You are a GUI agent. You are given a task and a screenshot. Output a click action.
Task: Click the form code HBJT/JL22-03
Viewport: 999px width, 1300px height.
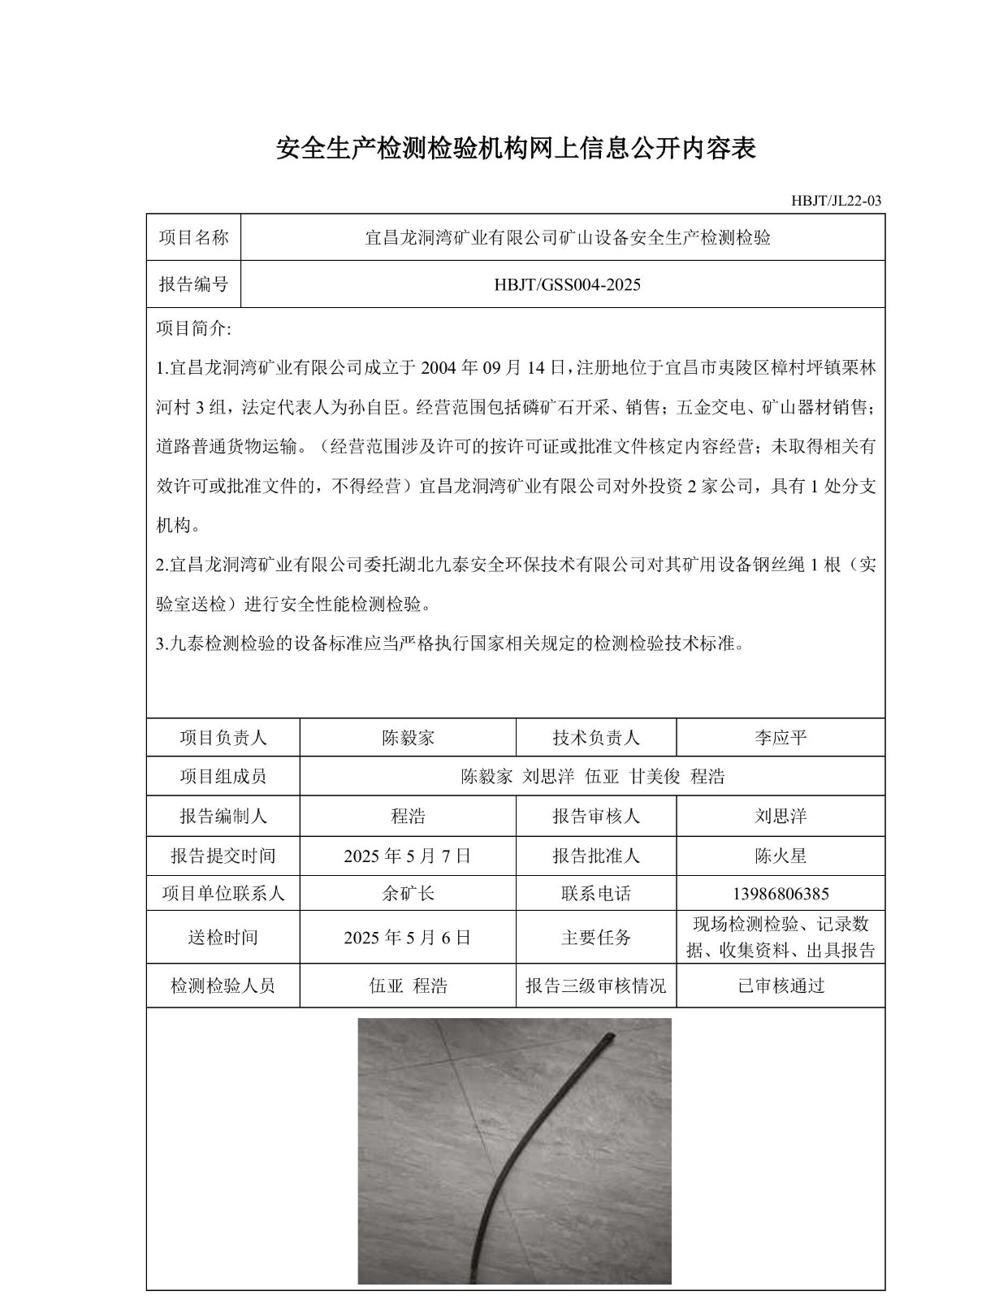click(x=836, y=201)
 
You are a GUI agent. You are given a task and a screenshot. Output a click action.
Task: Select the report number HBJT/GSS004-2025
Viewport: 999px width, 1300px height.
click(x=567, y=284)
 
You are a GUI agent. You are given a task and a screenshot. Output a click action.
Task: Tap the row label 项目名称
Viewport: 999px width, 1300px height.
click(x=193, y=237)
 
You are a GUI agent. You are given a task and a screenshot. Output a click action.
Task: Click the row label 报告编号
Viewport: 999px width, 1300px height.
click(x=193, y=284)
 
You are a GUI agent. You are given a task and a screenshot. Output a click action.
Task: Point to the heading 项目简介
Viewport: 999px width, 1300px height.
click(x=193, y=329)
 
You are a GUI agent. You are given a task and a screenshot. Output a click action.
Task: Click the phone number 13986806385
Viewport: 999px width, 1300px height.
click(x=781, y=894)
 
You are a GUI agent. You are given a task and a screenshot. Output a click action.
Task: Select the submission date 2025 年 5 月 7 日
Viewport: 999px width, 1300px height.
click(x=408, y=856)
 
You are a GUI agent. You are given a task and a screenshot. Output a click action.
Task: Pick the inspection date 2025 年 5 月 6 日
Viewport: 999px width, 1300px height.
click(x=408, y=937)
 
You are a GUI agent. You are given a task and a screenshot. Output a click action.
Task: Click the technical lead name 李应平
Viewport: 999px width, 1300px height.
click(x=781, y=738)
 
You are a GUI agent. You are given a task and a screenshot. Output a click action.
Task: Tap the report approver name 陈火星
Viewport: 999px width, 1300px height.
click(x=781, y=856)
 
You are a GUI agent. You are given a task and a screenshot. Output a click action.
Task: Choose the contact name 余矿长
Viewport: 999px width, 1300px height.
click(x=408, y=894)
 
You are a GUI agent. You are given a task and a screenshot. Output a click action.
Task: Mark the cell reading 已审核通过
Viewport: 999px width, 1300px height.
click(x=781, y=986)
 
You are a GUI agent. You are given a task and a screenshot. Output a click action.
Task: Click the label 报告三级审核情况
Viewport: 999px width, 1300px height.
click(x=595, y=986)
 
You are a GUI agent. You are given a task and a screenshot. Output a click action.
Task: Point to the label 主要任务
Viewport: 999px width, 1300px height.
click(x=595, y=937)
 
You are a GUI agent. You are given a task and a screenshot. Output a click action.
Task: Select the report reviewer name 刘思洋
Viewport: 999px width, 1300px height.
click(x=781, y=816)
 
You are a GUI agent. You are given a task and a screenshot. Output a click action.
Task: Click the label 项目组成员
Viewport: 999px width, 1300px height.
click(x=223, y=776)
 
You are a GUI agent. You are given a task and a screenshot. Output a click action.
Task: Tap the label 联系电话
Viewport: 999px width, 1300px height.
click(x=595, y=894)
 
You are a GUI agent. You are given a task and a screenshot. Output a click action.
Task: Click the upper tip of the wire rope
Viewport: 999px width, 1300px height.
click(x=610, y=1036)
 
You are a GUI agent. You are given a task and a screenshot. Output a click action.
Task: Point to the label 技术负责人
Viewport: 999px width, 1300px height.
click(x=595, y=738)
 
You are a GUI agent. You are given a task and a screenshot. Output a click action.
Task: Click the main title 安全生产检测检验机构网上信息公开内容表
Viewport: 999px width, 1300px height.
click(x=516, y=149)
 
